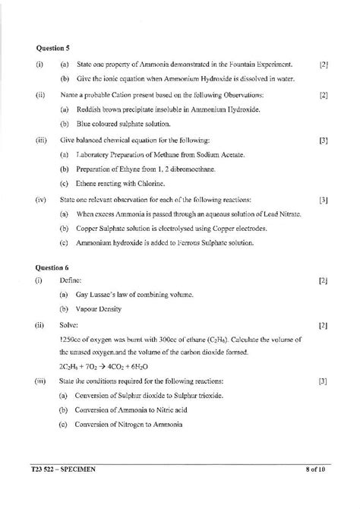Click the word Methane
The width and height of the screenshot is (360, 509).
tap(168, 154)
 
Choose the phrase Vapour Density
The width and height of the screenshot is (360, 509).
tap(99, 309)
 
